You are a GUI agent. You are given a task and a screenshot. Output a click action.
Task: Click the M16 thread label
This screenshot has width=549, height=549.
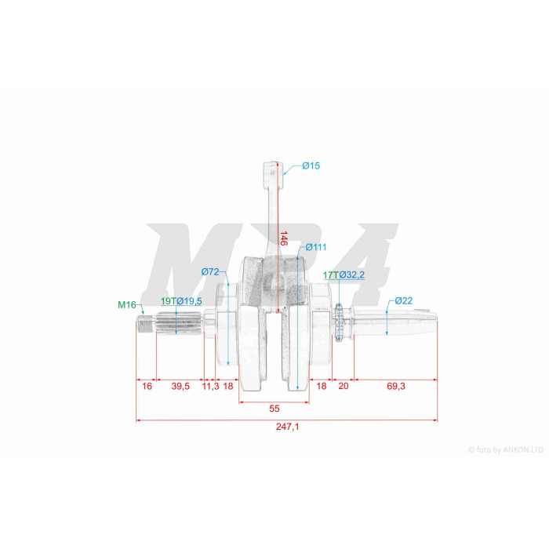click(x=127, y=304)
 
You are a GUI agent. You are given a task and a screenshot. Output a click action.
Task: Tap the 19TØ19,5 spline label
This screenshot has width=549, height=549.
click(x=181, y=301)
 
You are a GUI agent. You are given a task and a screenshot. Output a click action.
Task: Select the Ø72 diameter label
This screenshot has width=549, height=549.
click(x=210, y=271)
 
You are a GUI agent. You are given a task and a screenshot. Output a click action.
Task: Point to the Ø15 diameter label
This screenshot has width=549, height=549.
click(x=311, y=165)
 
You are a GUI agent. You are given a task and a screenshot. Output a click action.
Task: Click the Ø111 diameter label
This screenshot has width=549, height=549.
click(x=316, y=247)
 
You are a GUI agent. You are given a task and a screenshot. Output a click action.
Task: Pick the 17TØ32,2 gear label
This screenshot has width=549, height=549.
click(x=344, y=274)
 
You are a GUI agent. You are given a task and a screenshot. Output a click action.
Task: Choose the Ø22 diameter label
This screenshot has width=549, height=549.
click(x=404, y=300)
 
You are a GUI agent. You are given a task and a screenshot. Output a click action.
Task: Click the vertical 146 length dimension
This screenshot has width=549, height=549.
click(x=283, y=238)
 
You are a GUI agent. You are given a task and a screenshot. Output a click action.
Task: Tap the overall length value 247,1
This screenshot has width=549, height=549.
click(x=288, y=427)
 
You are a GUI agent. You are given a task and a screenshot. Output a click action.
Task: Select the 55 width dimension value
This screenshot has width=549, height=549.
click(x=274, y=409)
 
